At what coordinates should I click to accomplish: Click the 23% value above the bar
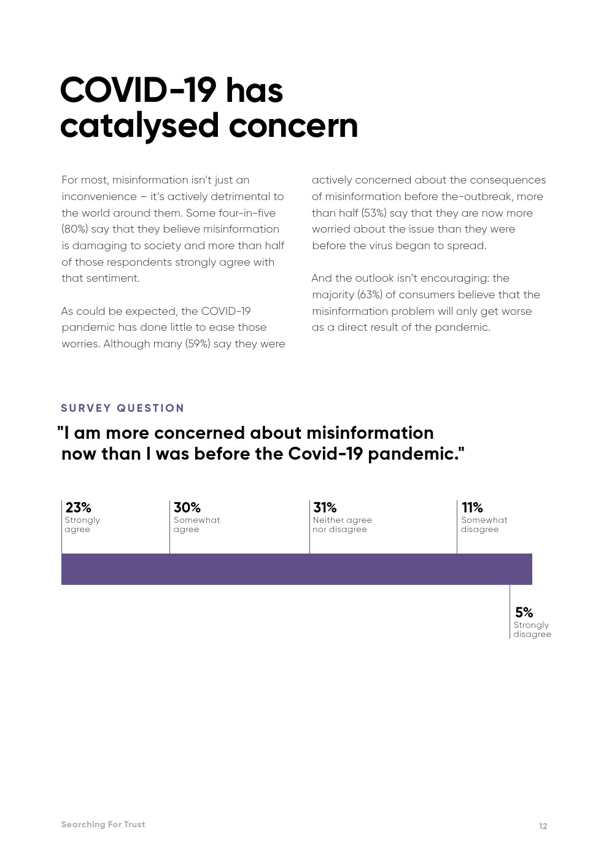click(78, 508)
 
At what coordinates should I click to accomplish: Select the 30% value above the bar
click(187, 508)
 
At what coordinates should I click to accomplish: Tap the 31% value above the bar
click(325, 508)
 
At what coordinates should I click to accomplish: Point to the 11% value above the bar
click(472, 508)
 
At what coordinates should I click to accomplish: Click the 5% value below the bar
click(524, 612)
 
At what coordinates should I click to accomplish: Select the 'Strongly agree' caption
click(82, 525)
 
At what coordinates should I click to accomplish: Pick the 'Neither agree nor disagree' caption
click(342, 525)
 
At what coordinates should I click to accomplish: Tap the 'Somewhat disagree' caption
click(484, 525)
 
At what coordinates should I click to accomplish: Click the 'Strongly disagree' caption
click(532, 630)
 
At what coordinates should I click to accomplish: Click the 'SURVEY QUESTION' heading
click(122, 408)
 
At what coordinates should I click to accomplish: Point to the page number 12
click(543, 826)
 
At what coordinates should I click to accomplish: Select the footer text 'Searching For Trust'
click(103, 824)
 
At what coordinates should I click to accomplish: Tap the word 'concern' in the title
click(293, 126)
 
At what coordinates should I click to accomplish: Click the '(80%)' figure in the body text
click(75, 229)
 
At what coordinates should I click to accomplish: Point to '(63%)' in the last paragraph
click(370, 295)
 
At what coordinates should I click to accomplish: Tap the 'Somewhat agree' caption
click(196, 525)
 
